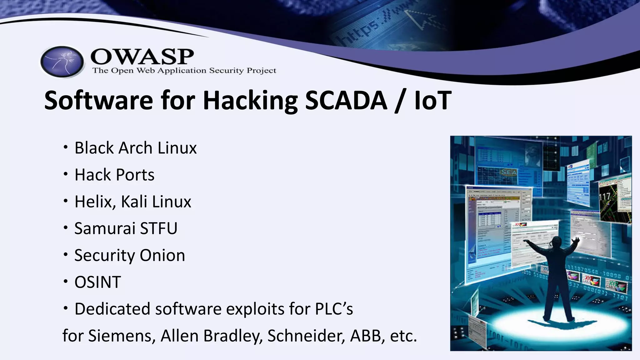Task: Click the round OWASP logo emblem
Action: pyautogui.click(x=62, y=62)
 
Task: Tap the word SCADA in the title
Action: pyautogui.click(x=346, y=100)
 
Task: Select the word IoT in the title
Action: pyautogui.click(x=433, y=100)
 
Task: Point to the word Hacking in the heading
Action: pyautogui.click(x=250, y=101)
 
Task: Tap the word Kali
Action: pyautogui.click(x=134, y=202)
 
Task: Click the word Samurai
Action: pyautogui.click(x=105, y=228)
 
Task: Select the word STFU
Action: pyautogui.click(x=159, y=228)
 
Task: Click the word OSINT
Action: pyautogui.click(x=97, y=282)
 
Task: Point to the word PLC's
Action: pyautogui.click(x=334, y=309)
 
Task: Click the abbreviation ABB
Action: pyautogui.click(x=367, y=336)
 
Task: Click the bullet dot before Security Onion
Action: pyautogui.click(x=65, y=255)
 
